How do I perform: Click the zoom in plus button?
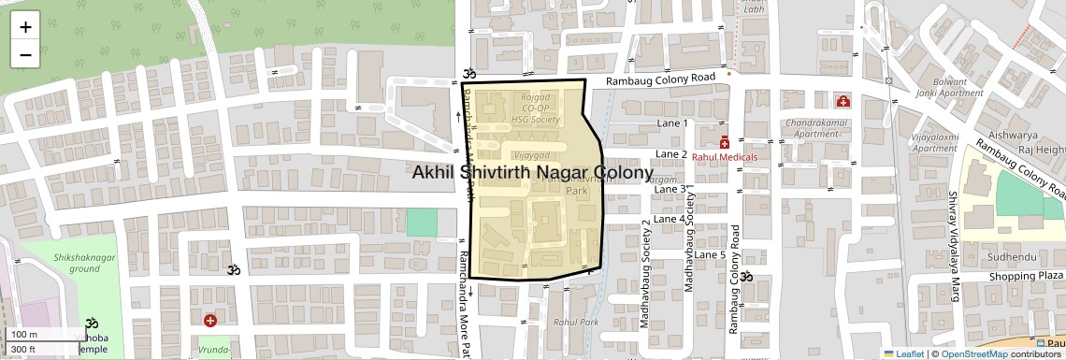point(25,27)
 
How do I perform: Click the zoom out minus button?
point(25,54)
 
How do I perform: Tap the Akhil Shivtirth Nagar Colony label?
point(532,172)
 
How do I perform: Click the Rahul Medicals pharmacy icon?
point(725,141)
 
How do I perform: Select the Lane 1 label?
point(672,123)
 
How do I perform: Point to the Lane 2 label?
point(671,154)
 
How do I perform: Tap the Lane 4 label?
point(669,219)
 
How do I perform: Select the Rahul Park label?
point(575,322)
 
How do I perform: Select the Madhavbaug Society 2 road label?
point(645,273)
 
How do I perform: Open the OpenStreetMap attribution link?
point(973,353)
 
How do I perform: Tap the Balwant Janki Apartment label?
point(950,87)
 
